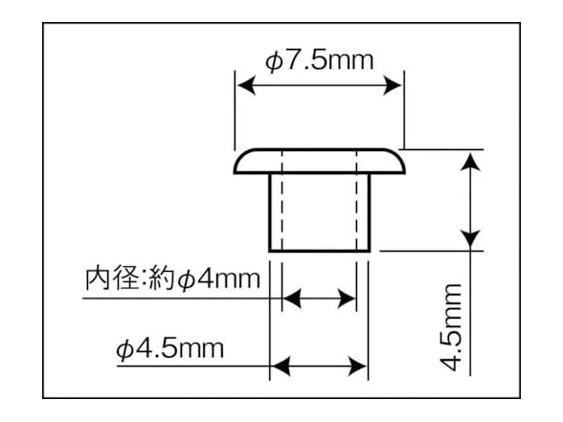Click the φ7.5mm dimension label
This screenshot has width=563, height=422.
(x=319, y=61)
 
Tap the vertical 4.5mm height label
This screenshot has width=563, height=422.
(x=450, y=327)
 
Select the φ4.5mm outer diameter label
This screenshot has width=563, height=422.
(x=169, y=348)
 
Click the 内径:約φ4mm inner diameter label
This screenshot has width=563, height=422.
(x=172, y=278)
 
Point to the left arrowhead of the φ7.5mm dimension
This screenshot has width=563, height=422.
(x=246, y=85)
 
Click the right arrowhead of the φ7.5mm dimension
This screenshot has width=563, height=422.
(x=393, y=85)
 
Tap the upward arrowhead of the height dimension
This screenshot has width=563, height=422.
(x=470, y=162)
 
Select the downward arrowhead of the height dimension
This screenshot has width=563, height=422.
(x=470, y=239)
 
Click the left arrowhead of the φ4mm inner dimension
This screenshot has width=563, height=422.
(x=292, y=298)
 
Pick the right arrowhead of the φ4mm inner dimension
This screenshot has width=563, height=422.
(x=347, y=298)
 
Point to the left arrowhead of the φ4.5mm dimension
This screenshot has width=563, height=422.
(x=281, y=366)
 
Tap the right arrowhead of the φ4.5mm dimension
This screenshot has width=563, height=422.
(x=358, y=366)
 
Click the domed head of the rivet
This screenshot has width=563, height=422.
(x=320, y=161)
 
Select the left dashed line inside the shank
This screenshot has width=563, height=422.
(x=282, y=200)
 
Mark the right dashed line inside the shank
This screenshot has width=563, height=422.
(x=356, y=200)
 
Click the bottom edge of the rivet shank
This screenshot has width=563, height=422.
(x=319, y=251)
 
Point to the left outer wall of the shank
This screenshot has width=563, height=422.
(x=270, y=212)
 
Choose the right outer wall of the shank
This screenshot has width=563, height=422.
(x=369, y=212)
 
